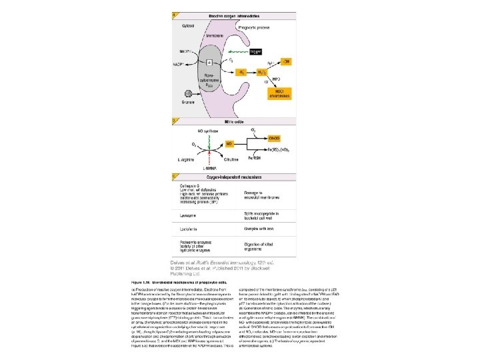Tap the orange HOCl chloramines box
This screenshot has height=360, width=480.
(286, 91)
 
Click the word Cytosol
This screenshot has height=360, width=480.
(188, 23)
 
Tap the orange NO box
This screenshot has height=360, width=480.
(229, 143)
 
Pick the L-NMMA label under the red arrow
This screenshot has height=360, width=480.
(213, 169)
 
